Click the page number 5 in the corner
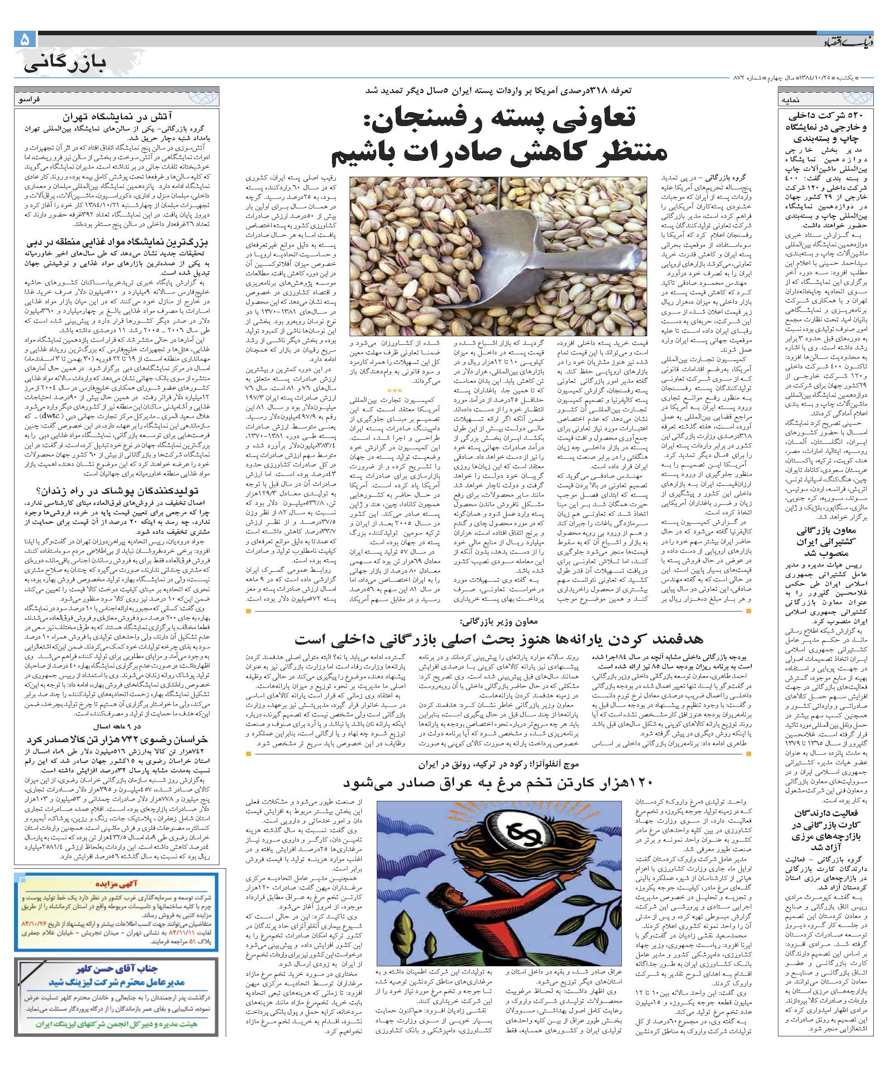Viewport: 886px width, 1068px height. [24, 40]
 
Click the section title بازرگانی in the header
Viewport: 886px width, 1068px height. [66, 64]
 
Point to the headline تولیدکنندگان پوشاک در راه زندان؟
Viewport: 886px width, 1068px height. [118, 490]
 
